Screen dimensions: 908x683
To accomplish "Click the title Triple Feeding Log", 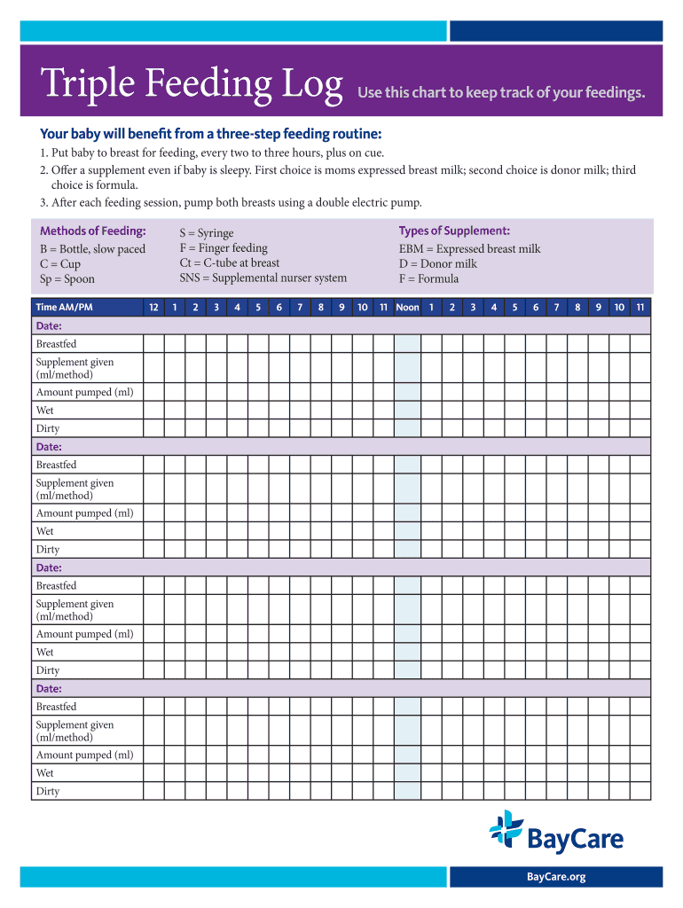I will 192,85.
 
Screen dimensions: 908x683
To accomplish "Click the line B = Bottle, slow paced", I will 92,249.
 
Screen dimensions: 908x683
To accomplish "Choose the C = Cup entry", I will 60,264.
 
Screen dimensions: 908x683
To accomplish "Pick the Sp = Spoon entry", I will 67,279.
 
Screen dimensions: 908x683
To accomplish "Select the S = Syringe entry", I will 207,233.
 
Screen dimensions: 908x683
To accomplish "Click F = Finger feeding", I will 224,248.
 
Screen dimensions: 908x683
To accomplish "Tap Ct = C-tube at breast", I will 229,262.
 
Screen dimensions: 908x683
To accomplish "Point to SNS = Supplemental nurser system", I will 263,278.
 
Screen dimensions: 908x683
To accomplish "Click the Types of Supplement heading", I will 454,231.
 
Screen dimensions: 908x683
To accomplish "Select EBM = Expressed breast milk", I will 469,249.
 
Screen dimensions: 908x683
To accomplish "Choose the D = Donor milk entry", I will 437,263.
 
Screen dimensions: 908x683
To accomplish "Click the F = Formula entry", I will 428,278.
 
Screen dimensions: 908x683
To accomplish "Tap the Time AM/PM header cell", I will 64,308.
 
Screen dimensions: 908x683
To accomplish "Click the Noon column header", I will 407,308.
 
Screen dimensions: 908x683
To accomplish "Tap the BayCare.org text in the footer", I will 556,877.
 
